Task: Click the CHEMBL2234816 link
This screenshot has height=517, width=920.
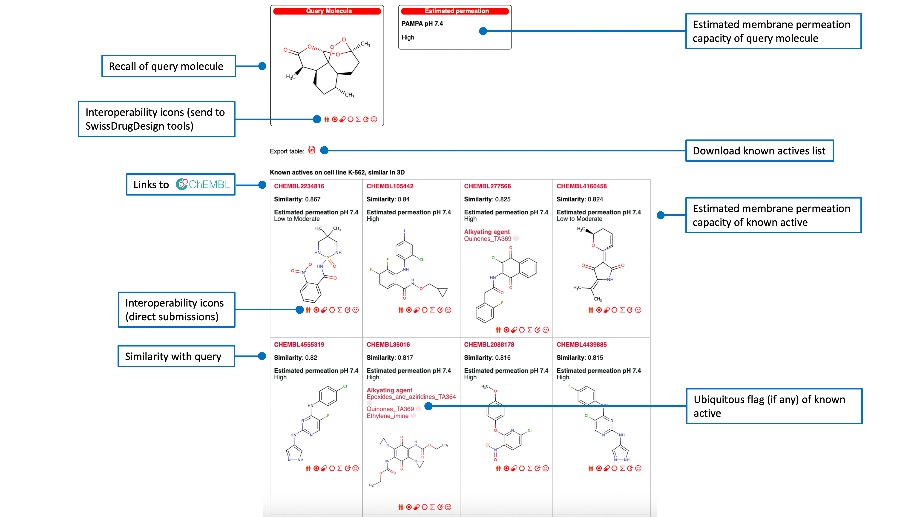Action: (299, 186)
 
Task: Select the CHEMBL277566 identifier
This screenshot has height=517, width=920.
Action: (487, 186)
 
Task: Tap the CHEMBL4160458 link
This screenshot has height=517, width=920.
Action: (581, 186)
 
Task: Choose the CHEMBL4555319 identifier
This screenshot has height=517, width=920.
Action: (299, 345)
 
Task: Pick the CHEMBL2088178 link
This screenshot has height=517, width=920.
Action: (489, 345)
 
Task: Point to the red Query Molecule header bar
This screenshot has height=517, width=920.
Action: (327, 11)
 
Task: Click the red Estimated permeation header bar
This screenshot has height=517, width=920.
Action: (455, 11)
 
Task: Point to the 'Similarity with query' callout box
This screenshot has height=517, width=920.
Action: (176, 356)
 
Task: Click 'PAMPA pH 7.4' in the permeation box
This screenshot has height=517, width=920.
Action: (422, 23)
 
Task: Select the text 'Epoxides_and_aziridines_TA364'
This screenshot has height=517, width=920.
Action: (411, 397)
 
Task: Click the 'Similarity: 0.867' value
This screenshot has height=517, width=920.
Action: (297, 199)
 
